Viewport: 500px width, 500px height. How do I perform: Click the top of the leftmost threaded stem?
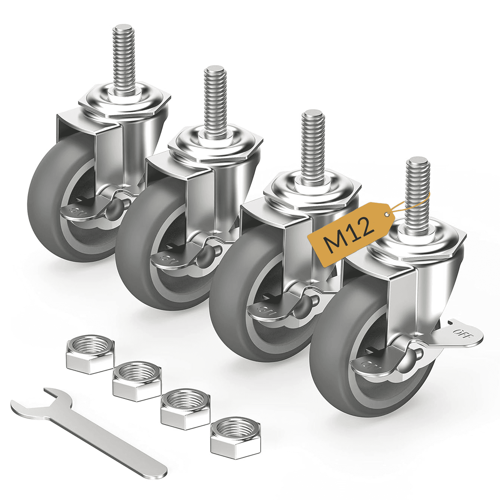pos(123,28)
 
